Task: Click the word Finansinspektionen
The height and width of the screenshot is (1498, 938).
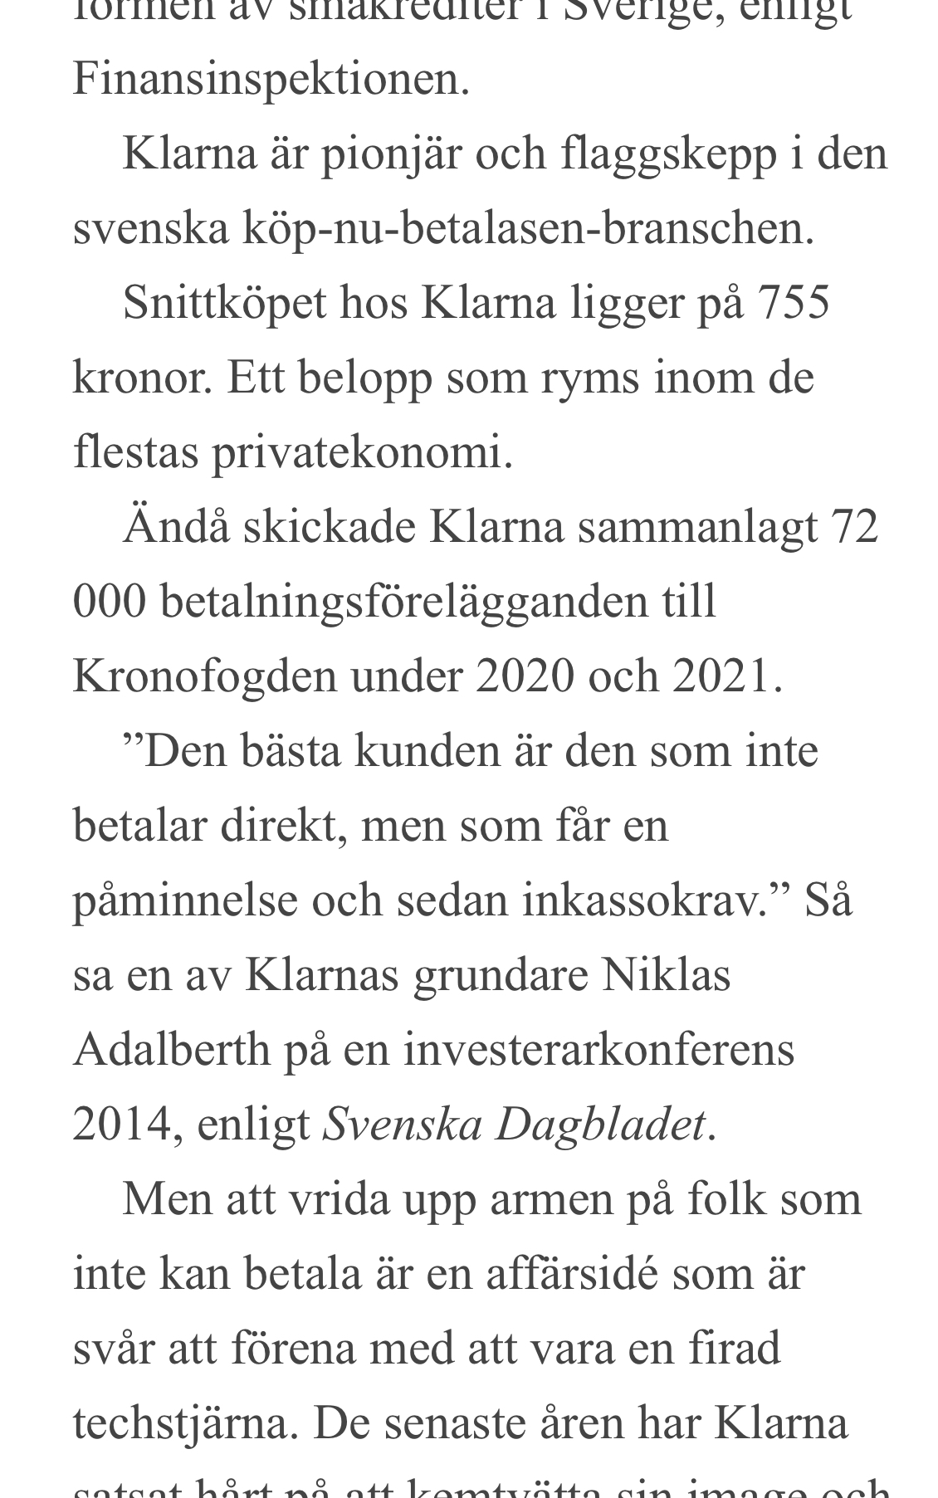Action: [x=271, y=80]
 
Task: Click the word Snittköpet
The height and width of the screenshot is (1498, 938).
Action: [x=224, y=304]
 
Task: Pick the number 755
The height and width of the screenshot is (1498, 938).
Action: [x=794, y=304]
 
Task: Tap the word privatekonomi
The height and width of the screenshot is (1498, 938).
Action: [x=362, y=453]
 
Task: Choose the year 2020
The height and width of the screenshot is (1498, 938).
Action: [x=525, y=677]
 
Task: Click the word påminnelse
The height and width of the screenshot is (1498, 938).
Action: [x=185, y=901]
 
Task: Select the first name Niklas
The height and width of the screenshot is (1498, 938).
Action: [x=666, y=976]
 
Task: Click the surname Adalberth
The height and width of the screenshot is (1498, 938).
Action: [x=172, y=1051]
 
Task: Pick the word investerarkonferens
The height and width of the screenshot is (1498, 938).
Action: [x=599, y=1051]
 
